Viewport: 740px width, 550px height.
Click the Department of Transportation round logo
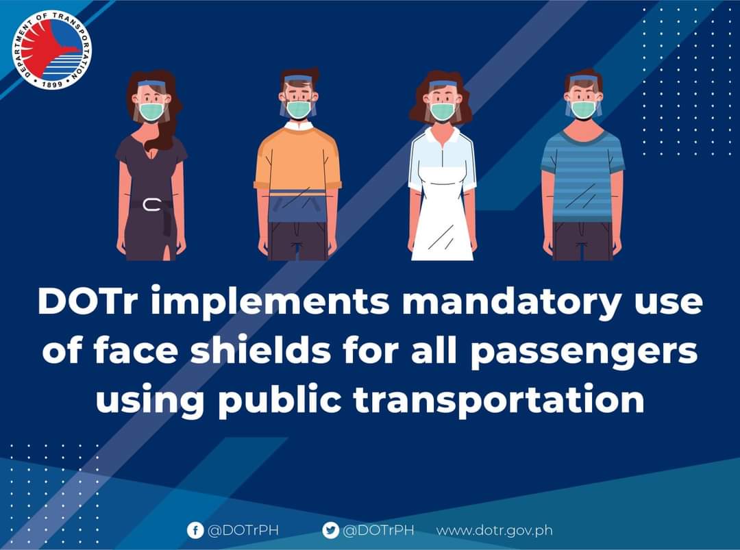[x=52, y=49]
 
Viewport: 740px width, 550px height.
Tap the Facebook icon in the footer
[x=195, y=530]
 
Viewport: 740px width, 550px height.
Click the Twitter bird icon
[x=330, y=530]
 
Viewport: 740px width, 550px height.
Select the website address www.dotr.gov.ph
[x=495, y=531]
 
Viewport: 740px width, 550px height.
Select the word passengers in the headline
[x=584, y=352]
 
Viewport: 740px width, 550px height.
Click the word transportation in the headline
[x=499, y=400]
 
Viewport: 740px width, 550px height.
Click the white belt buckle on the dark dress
[x=151, y=205]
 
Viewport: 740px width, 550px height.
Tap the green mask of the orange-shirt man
[x=299, y=109]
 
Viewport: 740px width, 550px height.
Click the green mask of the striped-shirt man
[x=583, y=110]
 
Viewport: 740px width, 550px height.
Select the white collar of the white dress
[x=443, y=136]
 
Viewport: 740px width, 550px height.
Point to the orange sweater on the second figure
[x=297, y=158]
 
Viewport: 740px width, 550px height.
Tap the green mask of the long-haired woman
[x=151, y=112]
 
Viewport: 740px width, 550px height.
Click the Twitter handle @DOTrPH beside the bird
[x=378, y=531]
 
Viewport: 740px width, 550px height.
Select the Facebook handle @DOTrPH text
[x=243, y=531]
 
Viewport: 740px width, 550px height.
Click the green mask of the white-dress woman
[x=443, y=112]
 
